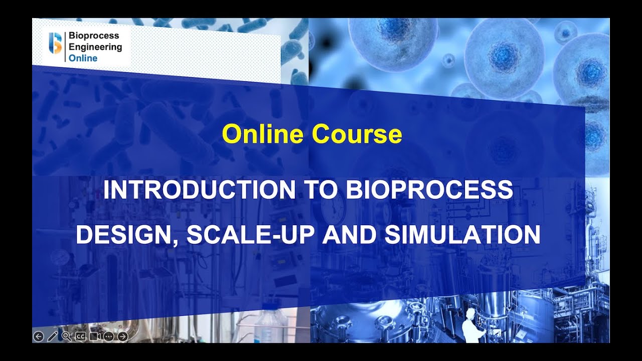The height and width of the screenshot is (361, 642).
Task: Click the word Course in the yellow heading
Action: click(x=357, y=134)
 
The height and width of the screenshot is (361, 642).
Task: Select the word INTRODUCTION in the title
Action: click(x=200, y=190)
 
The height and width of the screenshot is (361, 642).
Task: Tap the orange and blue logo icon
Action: click(x=55, y=43)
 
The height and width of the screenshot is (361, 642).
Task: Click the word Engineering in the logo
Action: click(x=95, y=47)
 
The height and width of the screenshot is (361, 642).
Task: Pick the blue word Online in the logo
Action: click(x=83, y=58)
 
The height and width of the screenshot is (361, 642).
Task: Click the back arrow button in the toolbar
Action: click(x=39, y=336)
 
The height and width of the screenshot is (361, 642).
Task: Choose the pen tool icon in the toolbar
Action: click(x=52, y=336)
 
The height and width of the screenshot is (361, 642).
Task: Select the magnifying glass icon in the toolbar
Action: click(x=66, y=336)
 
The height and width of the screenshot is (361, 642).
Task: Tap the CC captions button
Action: click(x=80, y=336)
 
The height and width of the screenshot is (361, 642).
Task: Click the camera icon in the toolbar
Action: click(x=95, y=336)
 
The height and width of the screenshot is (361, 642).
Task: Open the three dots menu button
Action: click(x=108, y=336)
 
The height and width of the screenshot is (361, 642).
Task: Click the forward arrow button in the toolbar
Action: click(x=122, y=336)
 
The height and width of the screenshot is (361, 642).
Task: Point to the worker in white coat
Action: click(x=471, y=326)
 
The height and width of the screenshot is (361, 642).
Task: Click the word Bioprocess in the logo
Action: click(x=94, y=36)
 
